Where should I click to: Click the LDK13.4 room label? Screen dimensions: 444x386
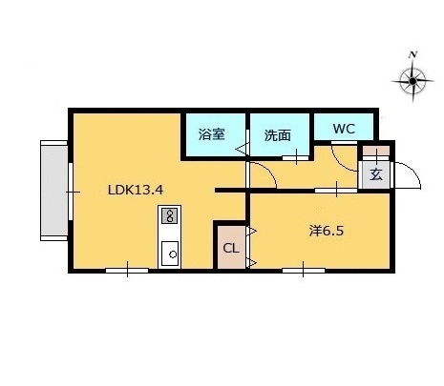point(136,190)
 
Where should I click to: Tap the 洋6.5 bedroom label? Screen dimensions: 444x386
point(327,231)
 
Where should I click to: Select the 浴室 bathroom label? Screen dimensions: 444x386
point(212,134)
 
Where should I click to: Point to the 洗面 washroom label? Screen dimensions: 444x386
point(278,135)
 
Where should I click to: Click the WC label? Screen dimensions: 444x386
point(344,129)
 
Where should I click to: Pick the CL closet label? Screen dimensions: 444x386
point(231,248)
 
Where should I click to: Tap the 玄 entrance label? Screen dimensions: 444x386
point(376,174)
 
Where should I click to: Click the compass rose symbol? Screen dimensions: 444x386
point(412,81)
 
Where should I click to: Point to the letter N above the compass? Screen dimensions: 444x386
point(412,54)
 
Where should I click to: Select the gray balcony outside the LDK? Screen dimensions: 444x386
point(54,191)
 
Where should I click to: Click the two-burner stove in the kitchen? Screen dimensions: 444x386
point(170,215)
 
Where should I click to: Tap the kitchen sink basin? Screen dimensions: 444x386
point(170,254)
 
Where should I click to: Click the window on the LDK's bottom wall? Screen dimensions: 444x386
point(127,271)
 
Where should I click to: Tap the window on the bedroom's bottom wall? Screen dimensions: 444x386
point(304,271)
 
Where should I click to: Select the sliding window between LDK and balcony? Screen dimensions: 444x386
point(71,192)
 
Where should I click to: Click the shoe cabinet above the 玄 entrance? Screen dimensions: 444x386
point(376,151)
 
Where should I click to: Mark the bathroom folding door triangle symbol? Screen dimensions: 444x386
point(241,149)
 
